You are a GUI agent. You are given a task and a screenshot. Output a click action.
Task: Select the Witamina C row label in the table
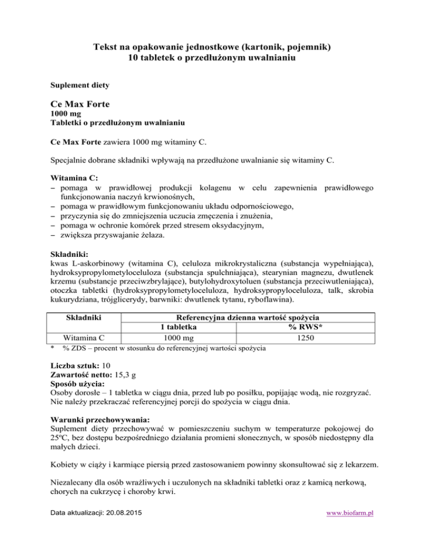tap(82, 337)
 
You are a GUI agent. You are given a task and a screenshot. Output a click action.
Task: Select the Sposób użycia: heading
tap(75, 385)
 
